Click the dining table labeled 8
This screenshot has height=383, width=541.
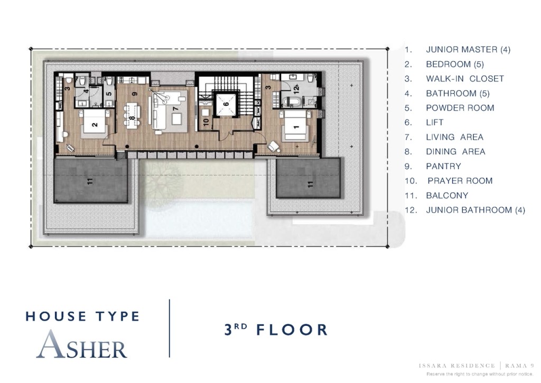coord(133,116)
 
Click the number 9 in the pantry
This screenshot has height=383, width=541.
coord(135,94)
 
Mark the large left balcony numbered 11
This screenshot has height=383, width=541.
coord(90,181)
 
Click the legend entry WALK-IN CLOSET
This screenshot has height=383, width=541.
coord(465,79)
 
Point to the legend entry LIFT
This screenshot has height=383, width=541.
coord(434,122)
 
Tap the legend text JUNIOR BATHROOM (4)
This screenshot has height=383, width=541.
coord(475,210)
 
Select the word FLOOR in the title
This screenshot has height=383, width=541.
coord(292,330)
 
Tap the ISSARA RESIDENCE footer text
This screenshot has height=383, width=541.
coord(456,366)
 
